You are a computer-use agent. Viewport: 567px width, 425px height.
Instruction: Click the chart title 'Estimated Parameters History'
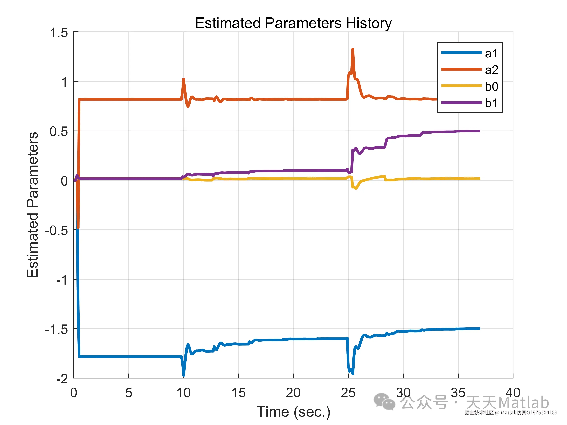293,23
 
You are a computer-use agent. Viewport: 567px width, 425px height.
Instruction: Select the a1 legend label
491,54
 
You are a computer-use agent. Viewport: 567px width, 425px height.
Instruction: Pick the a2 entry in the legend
491,70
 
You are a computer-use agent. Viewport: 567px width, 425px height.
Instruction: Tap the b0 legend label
491,87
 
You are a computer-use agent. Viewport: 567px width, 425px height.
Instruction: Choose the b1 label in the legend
491,103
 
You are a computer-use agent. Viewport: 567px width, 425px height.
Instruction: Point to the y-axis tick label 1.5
59,33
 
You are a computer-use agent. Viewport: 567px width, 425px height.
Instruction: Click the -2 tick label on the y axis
62,378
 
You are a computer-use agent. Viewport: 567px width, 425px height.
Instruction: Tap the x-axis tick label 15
238,393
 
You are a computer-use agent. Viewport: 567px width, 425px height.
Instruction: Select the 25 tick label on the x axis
348,393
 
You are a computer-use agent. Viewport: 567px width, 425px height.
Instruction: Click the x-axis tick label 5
128,393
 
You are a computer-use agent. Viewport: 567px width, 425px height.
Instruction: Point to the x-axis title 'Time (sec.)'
293,412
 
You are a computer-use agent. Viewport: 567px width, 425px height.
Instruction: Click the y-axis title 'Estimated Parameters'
32,205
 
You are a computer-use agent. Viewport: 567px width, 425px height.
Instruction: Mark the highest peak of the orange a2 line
353,49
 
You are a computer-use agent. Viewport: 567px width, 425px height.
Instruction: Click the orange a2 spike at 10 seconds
183,79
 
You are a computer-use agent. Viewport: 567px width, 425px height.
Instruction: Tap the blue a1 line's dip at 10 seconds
183,375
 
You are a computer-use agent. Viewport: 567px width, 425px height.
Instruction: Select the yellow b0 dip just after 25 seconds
356,188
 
